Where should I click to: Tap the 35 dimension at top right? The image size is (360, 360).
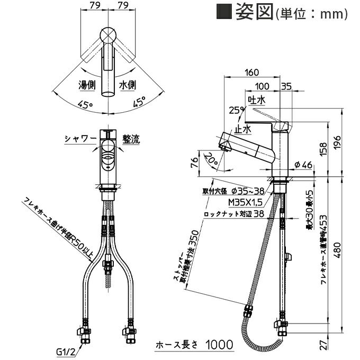(286, 86)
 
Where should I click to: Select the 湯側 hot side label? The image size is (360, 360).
(87, 84)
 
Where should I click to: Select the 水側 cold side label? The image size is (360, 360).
(128, 84)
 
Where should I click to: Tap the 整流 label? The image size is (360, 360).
(131, 139)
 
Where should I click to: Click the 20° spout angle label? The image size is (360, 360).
(211, 158)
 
